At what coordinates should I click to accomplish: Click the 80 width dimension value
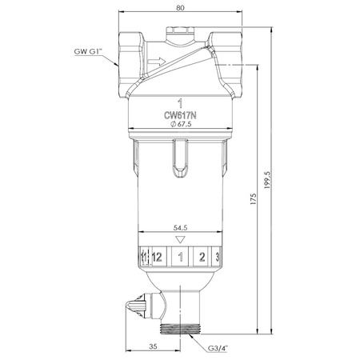point(180,8)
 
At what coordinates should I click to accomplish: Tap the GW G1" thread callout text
point(88,51)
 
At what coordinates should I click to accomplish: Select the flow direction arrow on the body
point(157,62)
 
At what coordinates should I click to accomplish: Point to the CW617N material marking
point(180,115)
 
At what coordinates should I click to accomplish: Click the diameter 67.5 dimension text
point(181,124)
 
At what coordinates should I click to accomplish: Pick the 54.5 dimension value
point(180,228)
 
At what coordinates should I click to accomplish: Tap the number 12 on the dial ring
point(157,258)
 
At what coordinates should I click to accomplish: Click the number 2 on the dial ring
point(202,257)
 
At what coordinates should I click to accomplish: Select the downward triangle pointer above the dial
point(180,240)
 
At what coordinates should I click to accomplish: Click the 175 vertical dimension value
point(253,199)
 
